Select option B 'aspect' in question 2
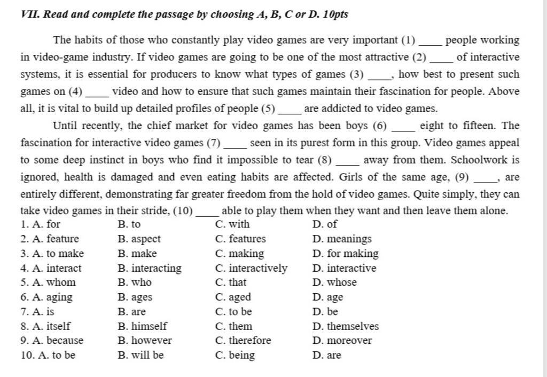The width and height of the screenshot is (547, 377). (x=138, y=239)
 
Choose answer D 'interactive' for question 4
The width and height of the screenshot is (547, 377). (x=345, y=268)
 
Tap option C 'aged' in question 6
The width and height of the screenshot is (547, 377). (x=233, y=297)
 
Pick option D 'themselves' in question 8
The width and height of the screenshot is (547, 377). (x=346, y=326)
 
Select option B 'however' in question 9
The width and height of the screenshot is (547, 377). (x=144, y=340)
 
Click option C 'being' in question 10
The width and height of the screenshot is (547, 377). (x=235, y=355)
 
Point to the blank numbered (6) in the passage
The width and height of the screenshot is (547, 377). (x=403, y=128)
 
